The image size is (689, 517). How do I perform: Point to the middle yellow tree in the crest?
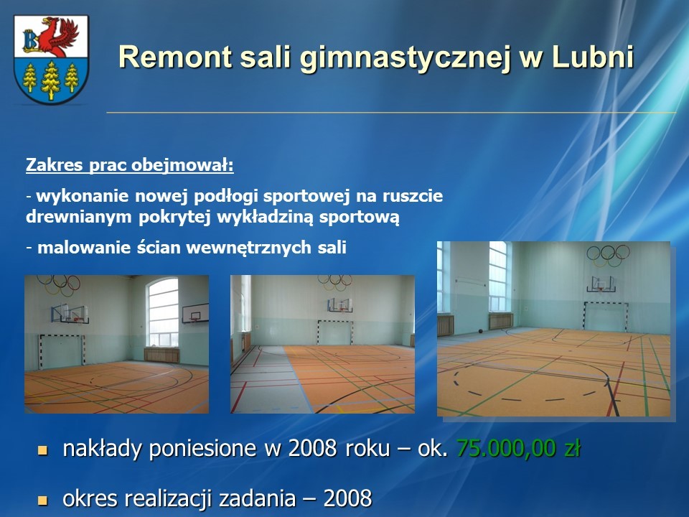[51, 80]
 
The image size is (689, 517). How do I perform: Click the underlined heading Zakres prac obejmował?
[130, 165]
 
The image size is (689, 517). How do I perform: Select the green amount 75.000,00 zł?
[518, 448]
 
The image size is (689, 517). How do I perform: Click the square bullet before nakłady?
[42, 450]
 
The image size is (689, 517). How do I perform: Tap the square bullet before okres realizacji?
[42, 500]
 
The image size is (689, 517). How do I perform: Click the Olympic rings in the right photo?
[608, 255]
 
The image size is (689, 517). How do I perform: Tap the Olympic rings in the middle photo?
[335, 282]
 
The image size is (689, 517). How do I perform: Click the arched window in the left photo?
[163, 311]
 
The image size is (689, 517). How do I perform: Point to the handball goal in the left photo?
[61, 351]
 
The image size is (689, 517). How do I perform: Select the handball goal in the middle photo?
[335, 332]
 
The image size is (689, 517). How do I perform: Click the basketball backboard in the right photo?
[601, 284]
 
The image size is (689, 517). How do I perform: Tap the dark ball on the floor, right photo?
[480, 330]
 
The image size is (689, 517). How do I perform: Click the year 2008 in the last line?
[347, 498]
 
